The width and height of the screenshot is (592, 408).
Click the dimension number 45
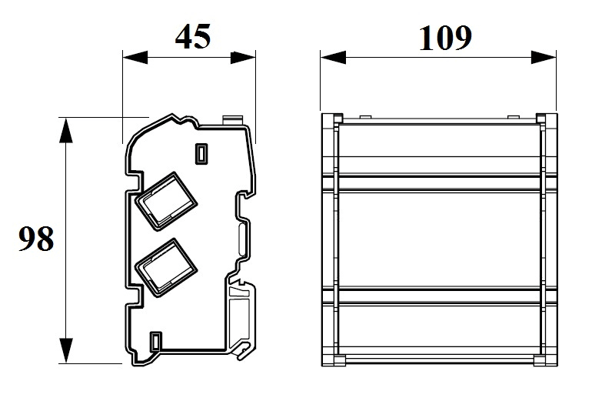click(x=192, y=37)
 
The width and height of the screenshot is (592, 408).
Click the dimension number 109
click(x=445, y=38)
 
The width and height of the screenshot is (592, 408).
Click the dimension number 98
click(x=36, y=239)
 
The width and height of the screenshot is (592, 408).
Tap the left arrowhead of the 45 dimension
click(x=135, y=58)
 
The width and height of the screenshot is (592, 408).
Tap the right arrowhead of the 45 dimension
click(x=243, y=58)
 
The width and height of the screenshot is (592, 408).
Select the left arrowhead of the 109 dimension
click(x=333, y=58)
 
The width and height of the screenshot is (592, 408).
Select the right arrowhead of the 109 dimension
click(x=544, y=58)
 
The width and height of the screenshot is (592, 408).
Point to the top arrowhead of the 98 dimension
click(x=66, y=130)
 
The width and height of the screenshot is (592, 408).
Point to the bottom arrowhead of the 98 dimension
click(x=66, y=350)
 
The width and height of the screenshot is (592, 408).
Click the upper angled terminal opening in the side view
click(x=166, y=201)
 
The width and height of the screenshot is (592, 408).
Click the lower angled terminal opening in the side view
click(x=166, y=268)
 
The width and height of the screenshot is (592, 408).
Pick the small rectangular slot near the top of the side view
click(x=201, y=154)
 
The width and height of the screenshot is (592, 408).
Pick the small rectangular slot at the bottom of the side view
click(x=156, y=342)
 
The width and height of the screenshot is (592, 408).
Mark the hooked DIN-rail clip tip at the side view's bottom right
click(x=244, y=349)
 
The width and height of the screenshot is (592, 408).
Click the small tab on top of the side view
click(x=232, y=120)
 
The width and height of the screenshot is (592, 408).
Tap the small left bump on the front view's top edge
click(x=365, y=117)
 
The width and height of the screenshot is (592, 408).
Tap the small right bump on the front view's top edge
click(x=514, y=117)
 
